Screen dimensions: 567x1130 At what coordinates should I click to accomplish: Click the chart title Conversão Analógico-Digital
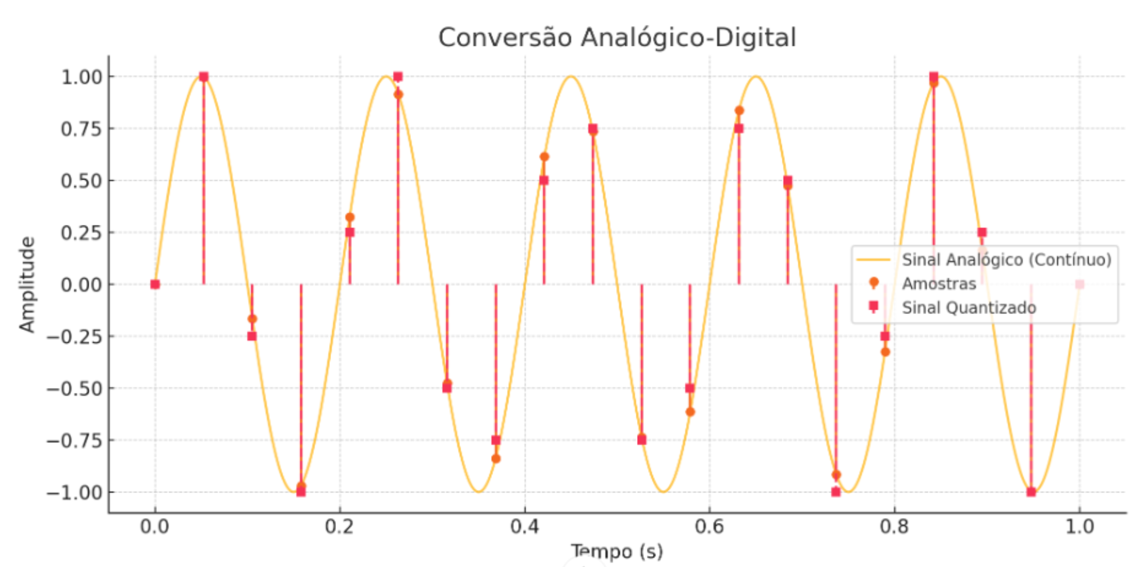point(616,37)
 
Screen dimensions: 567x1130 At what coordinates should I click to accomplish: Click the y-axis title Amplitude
point(27,285)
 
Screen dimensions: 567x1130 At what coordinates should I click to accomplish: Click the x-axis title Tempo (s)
point(616,551)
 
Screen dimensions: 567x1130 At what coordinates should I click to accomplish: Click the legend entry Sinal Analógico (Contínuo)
point(1006,260)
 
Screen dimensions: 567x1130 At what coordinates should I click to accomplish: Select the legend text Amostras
point(939,283)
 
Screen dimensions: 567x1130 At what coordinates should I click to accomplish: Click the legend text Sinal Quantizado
point(969,307)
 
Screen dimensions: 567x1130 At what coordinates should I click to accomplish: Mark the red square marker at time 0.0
point(155,284)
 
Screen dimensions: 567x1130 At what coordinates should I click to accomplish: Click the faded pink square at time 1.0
point(1079,284)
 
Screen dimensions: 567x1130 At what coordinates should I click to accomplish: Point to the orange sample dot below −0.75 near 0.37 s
point(496,458)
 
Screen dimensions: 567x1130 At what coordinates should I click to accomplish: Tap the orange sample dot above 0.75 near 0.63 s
point(739,111)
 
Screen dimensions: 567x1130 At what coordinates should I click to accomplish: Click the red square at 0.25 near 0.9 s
point(982,232)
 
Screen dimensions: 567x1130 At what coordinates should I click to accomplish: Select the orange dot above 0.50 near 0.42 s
point(544,157)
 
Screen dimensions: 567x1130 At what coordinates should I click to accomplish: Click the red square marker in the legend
point(873,305)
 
